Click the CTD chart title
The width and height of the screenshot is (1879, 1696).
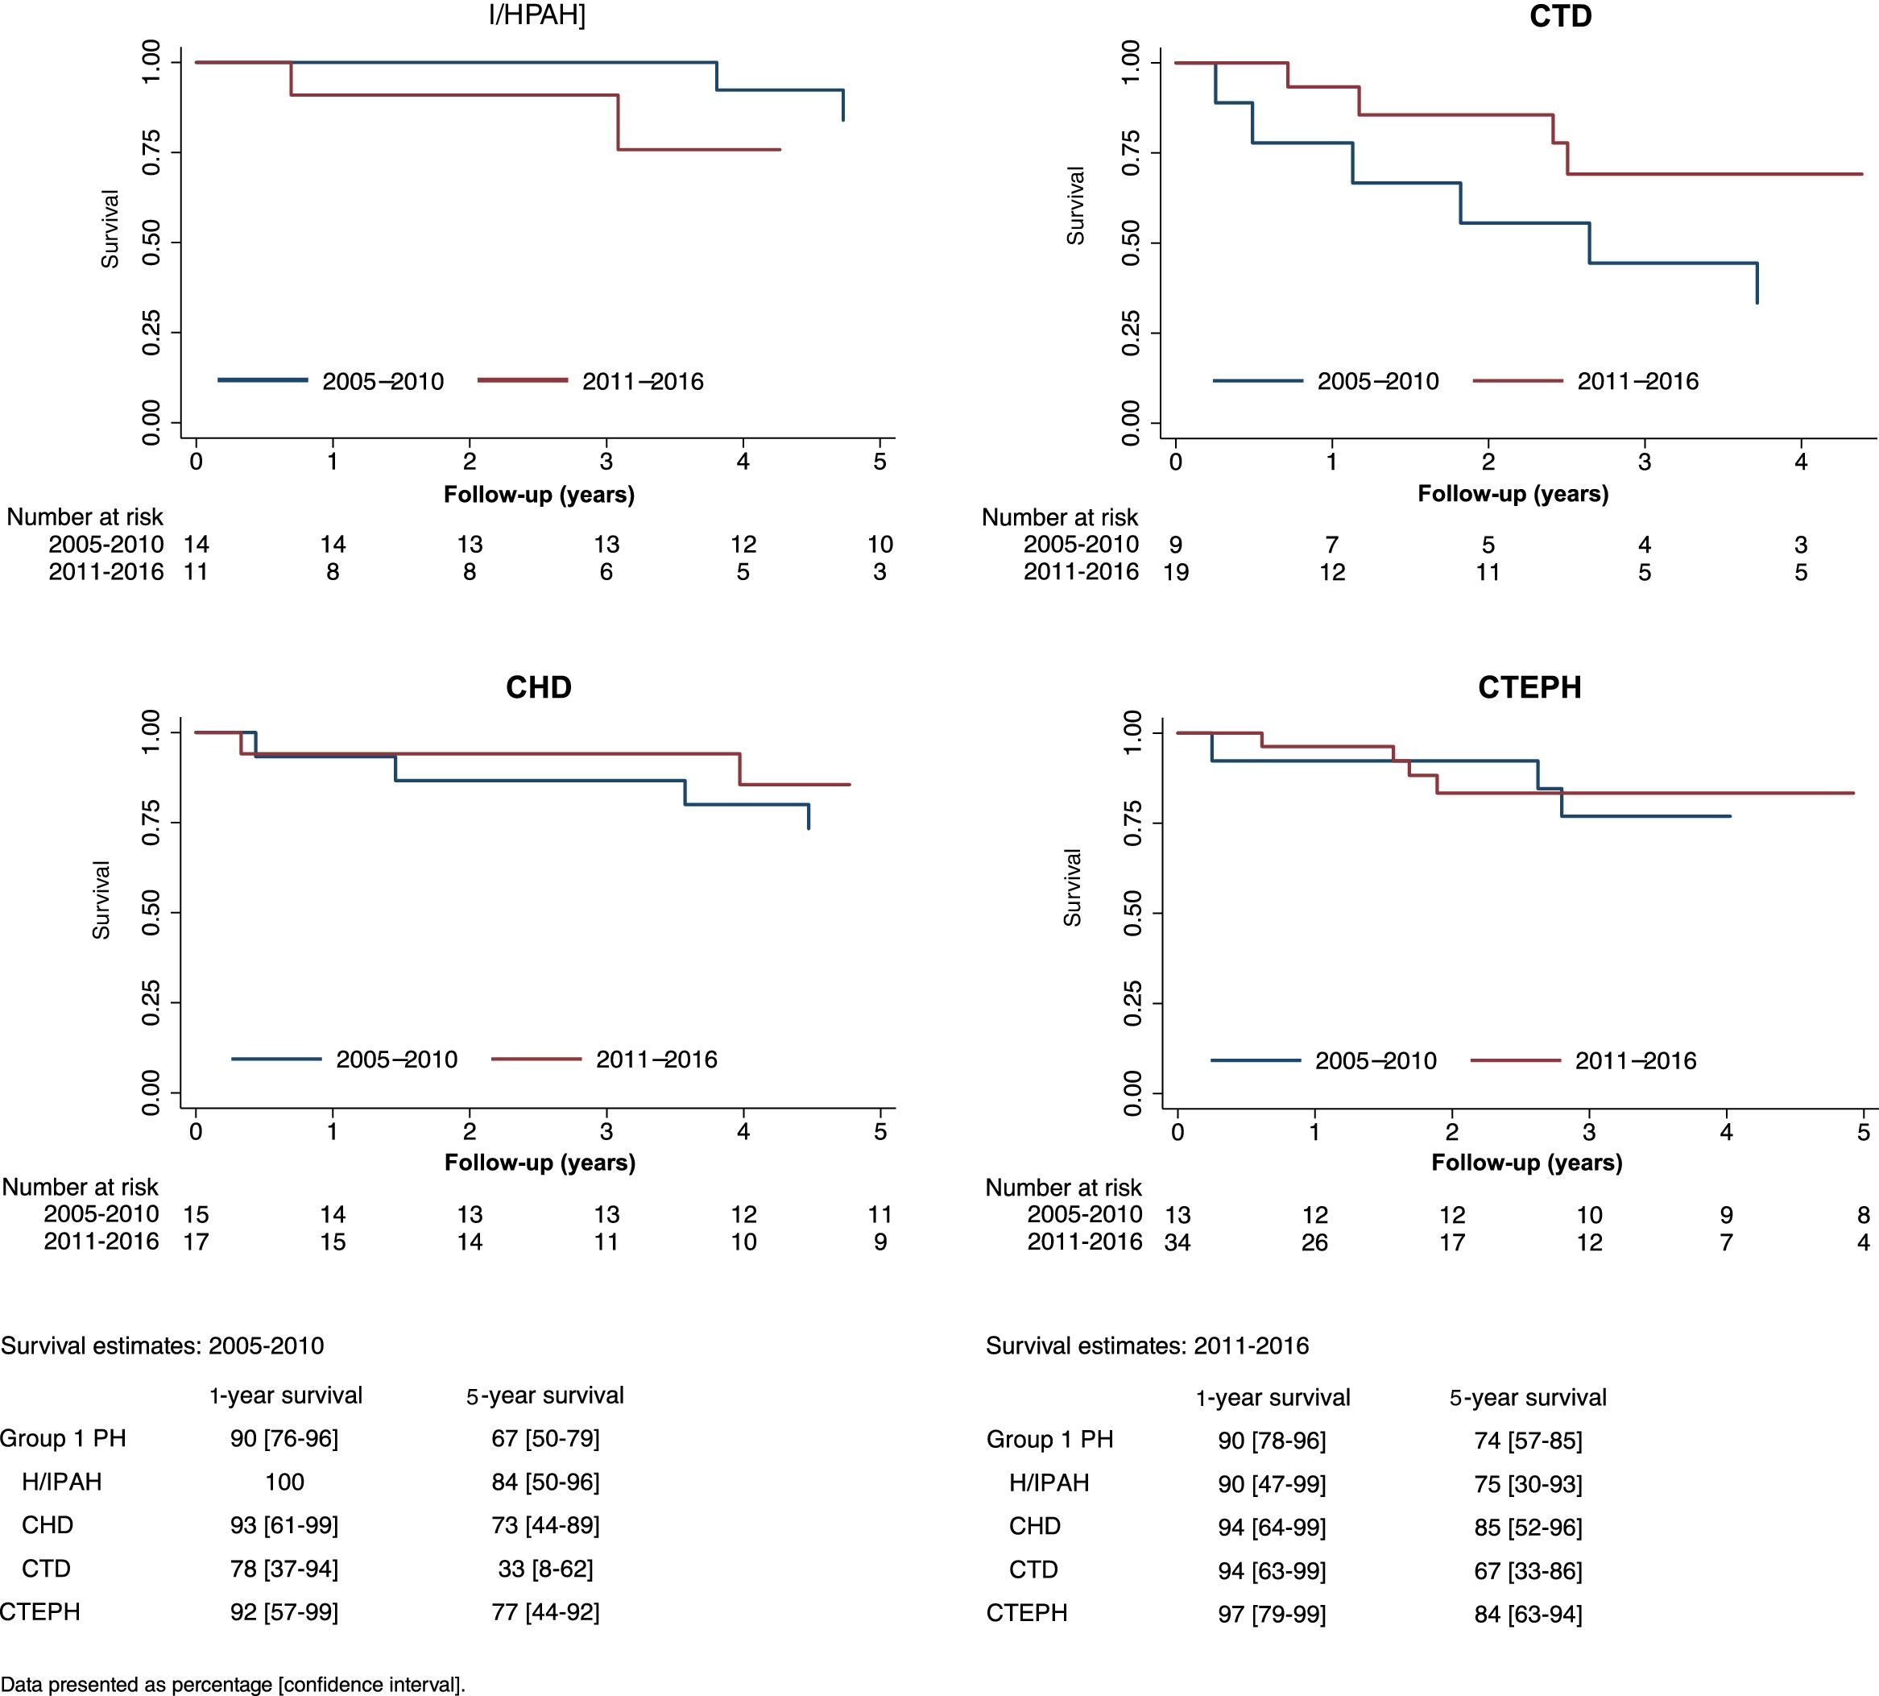(1560, 17)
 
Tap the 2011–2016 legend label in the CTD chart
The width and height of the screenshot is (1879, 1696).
(1637, 381)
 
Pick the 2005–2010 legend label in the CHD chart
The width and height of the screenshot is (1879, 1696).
(397, 1059)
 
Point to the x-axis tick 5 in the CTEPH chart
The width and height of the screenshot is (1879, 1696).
(1863, 1132)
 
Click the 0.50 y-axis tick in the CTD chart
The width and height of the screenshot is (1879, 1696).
(1131, 243)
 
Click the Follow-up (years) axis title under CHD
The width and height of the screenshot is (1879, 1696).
(540, 1162)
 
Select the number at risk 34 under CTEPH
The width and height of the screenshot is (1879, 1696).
(1177, 1242)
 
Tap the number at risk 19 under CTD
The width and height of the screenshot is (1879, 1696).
(1176, 572)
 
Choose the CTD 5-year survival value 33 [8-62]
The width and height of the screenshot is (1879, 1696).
(545, 1569)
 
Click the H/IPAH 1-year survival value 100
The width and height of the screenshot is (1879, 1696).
(284, 1482)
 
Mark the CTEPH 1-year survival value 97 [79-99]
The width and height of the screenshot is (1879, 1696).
(1272, 1613)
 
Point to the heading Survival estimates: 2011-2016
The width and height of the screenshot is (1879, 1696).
(1147, 1346)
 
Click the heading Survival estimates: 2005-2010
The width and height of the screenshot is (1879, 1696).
(162, 1346)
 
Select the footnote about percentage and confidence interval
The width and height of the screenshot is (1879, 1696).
(233, 1684)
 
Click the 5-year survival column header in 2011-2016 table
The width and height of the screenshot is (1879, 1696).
(1528, 1398)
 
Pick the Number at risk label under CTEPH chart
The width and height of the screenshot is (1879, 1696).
(1063, 1188)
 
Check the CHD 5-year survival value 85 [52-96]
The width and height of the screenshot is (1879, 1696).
(1528, 1526)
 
